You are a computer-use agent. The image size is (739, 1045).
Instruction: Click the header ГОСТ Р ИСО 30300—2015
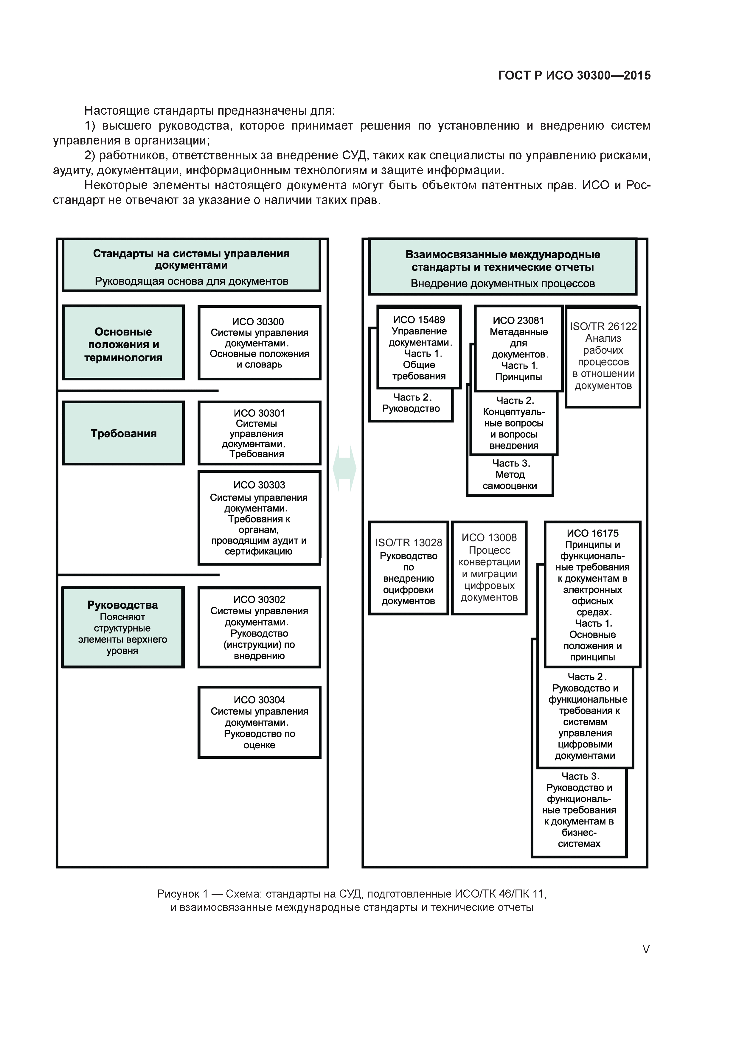click(574, 76)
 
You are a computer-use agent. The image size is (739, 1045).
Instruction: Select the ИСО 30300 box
click(259, 343)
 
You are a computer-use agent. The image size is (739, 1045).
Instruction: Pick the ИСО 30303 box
click(259, 518)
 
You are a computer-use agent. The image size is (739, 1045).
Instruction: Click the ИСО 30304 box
click(259, 722)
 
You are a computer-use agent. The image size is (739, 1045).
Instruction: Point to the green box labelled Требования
click(123, 433)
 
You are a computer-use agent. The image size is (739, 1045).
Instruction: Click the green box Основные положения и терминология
click(123, 345)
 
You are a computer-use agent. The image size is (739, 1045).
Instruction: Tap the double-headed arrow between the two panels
click(345, 468)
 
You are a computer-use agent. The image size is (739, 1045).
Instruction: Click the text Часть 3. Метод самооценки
click(510, 475)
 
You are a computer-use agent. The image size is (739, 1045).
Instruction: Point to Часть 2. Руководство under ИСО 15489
click(411, 403)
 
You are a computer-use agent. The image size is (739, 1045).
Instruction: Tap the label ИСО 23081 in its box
click(518, 321)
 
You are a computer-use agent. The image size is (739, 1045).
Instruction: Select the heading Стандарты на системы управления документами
click(191, 259)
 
